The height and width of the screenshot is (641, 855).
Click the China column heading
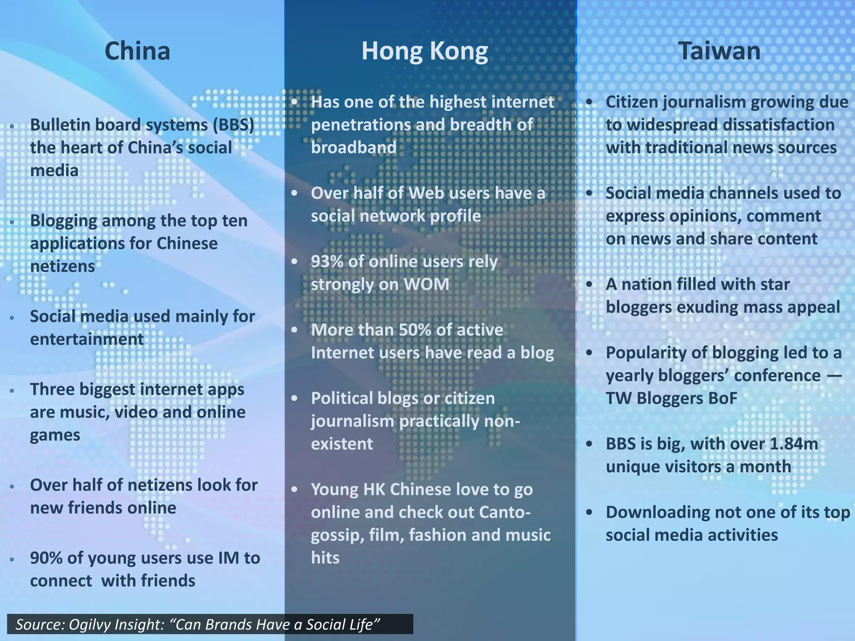[x=137, y=51]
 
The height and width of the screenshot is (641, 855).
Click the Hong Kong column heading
[x=425, y=51]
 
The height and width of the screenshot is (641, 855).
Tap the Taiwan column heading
[x=719, y=51]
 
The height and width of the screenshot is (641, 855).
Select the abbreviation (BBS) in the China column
[x=233, y=125]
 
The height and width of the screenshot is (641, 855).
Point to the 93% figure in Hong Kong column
[x=327, y=262]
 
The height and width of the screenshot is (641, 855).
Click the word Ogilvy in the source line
[x=91, y=625]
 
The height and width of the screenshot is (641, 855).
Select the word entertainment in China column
[x=87, y=339]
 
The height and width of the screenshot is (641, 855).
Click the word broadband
[x=354, y=148]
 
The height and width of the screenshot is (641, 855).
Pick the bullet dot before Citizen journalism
[x=589, y=102]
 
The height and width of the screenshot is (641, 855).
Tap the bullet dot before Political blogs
[x=295, y=399]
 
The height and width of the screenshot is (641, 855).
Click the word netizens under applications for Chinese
[x=63, y=266]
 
